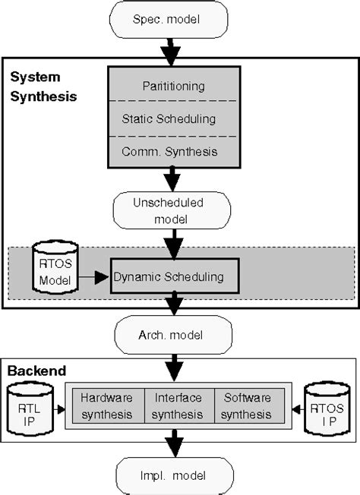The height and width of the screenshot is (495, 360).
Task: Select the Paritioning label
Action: [174, 86]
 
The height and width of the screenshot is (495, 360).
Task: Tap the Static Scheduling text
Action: [174, 118]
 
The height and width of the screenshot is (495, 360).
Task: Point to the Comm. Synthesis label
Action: [174, 151]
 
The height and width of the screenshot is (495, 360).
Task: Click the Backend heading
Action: [36, 371]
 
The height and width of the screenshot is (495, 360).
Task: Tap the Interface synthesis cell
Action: [178, 405]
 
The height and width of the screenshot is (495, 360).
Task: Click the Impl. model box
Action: [174, 475]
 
